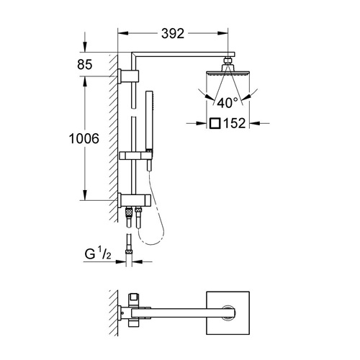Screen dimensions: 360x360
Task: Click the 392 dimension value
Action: (x=173, y=34)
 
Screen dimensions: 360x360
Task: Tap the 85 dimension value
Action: (x=85, y=65)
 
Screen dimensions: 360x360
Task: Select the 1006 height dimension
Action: (x=84, y=139)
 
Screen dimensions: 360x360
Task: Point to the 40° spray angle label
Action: (x=228, y=103)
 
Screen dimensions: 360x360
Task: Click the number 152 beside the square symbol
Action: (x=235, y=123)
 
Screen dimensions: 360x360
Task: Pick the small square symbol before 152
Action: (x=215, y=123)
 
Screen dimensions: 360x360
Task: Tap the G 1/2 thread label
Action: (x=98, y=254)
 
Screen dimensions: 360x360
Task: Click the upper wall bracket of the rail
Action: (x=128, y=76)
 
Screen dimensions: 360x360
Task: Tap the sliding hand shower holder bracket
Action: (x=135, y=156)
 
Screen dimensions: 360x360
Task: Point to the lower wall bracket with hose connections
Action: (x=134, y=200)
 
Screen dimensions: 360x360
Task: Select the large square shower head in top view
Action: (x=228, y=313)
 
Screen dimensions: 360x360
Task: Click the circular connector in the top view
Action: (x=228, y=313)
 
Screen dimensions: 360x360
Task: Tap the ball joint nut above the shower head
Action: (x=228, y=60)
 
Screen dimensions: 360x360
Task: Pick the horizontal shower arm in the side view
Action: (x=183, y=54)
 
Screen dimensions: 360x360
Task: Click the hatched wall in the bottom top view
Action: (x=113, y=312)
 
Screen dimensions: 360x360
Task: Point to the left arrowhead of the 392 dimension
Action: (x=123, y=34)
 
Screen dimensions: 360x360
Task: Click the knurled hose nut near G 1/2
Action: (x=129, y=251)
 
